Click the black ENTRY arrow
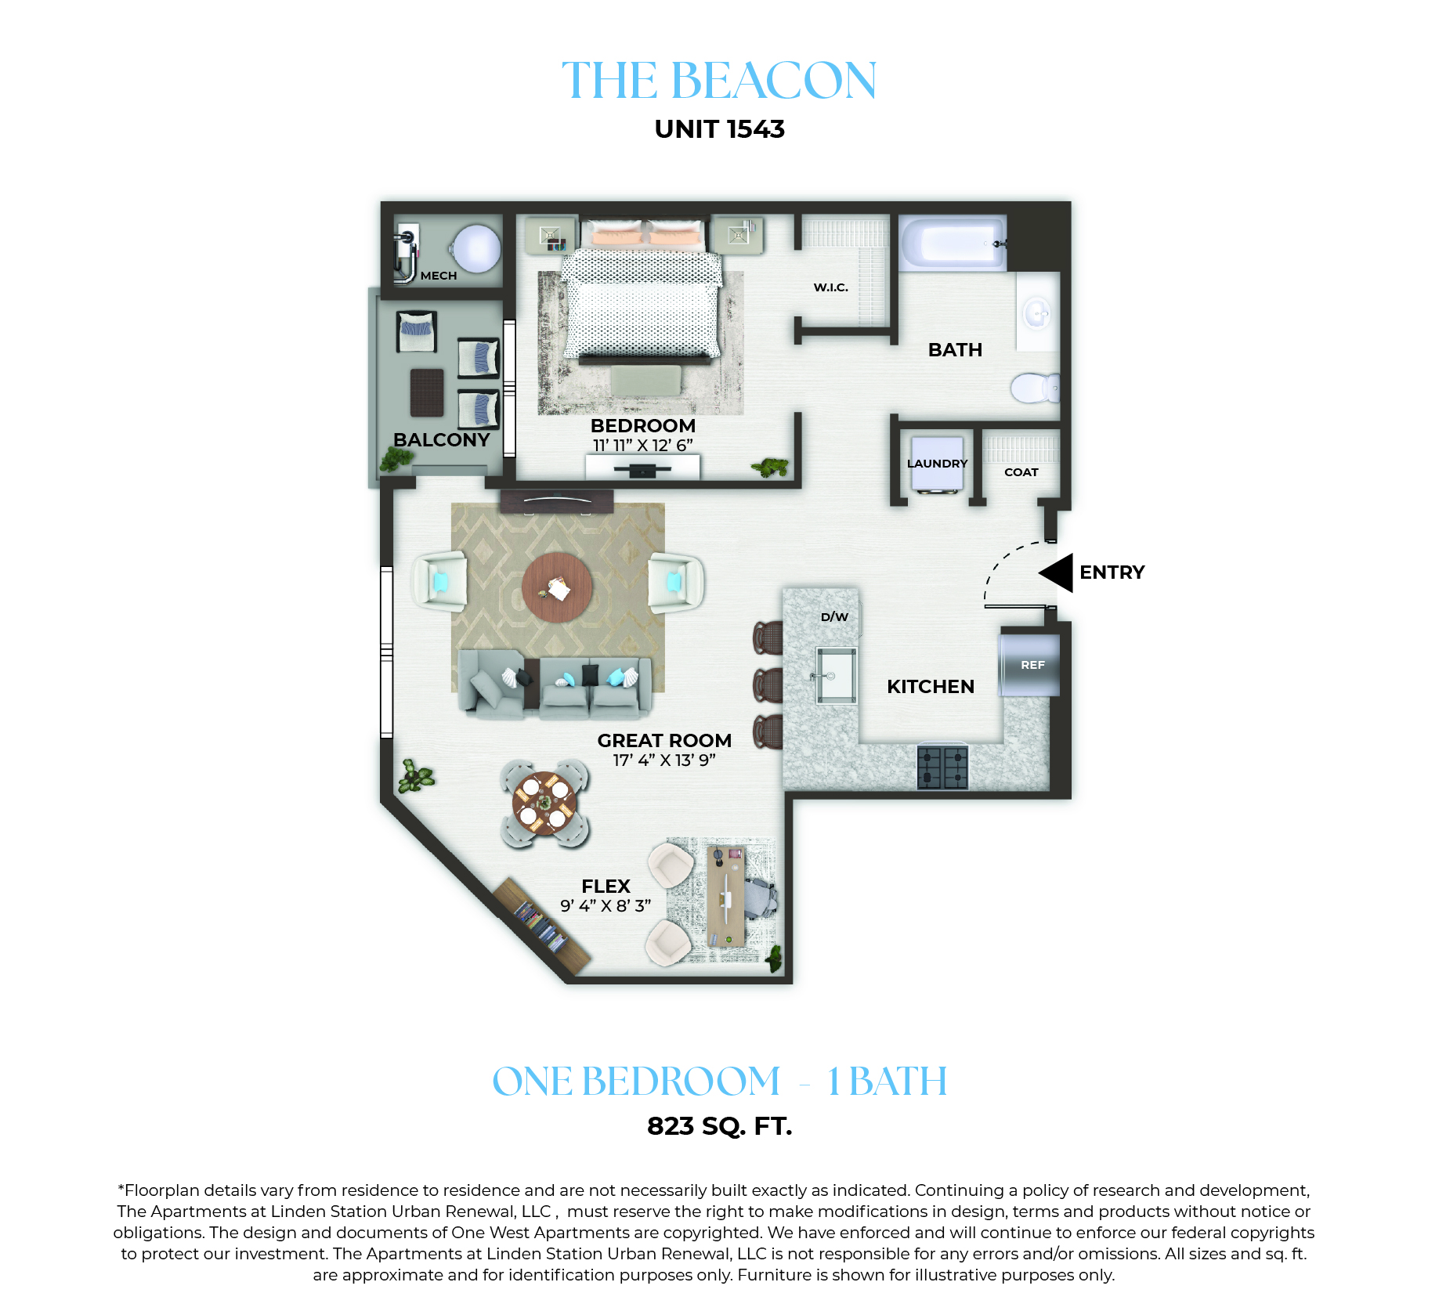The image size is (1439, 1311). point(1057,572)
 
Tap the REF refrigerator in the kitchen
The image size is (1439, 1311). point(1029,664)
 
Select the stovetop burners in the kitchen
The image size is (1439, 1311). point(942,767)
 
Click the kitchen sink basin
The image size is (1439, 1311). point(836,675)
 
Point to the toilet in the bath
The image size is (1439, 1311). point(1035,388)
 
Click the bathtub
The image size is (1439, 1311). point(953,243)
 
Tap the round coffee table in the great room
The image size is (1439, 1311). point(557,587)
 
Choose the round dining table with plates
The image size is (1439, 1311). point(544,804)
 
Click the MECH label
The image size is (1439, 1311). point(439,276)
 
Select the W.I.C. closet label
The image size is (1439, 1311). point(831,287)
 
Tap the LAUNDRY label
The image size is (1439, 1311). point(937,464)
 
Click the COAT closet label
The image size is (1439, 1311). point(1021,472)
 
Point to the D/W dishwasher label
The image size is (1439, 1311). point(834,617)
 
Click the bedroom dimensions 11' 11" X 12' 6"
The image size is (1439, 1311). point(643,446)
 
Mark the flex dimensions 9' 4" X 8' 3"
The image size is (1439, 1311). point(606,906)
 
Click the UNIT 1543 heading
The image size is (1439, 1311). point(719,129)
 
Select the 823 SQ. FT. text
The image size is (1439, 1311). point(719,1126)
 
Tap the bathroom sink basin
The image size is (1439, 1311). point(1038,313)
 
